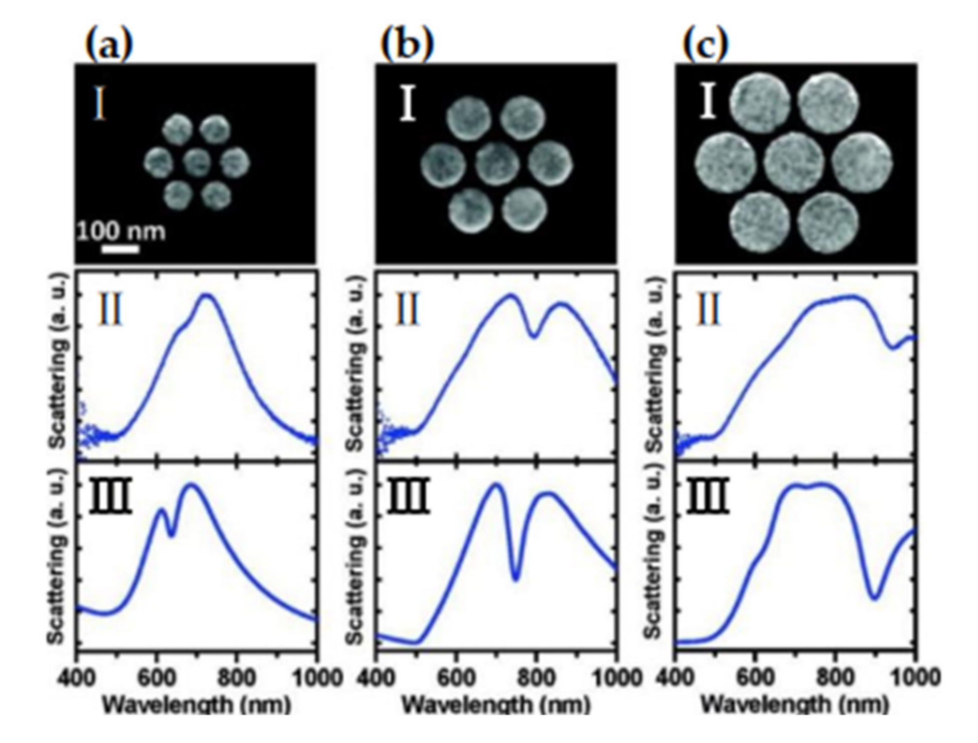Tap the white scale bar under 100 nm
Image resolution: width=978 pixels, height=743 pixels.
(120, 249)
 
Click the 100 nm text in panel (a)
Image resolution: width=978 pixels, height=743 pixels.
(121, 231)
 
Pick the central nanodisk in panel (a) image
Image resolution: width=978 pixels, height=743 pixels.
(196, 162)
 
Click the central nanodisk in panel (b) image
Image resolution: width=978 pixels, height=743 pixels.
(497, 164)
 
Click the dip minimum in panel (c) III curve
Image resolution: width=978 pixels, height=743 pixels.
(875, 597)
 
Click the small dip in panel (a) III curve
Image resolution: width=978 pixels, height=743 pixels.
(172, 535)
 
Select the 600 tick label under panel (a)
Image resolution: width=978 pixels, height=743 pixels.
(156, 678)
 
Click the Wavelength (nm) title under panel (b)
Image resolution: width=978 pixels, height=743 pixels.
(496, 705)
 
